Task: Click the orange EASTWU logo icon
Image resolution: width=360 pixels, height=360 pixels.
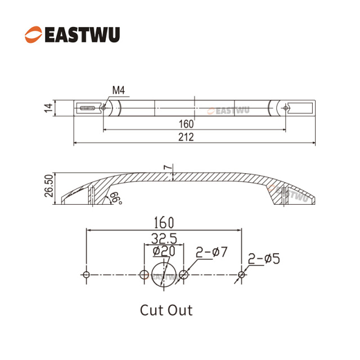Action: (x=33, y=34)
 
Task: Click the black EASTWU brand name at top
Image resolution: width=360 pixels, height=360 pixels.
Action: (x=83, y=35)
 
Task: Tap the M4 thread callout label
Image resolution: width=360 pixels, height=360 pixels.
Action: (x=119, y=90)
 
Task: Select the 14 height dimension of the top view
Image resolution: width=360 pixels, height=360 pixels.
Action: (x=48, y=108)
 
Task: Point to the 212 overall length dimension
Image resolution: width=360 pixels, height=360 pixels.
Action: (x=186, y=137)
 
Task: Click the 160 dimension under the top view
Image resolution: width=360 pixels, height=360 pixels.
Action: (x=186, y=124)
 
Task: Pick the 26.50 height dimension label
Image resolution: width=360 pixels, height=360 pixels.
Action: (x=49, y=186)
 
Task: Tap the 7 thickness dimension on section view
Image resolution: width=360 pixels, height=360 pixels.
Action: (x=168, y=167)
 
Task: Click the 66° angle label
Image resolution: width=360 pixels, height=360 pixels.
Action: (x=116, y=199)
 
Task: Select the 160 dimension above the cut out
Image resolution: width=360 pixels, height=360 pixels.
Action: (x=164, y=223)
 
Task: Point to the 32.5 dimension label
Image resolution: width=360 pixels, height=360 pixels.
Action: (x=164, y=238)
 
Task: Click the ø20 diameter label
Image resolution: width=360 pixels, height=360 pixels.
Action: (x=164, y=251)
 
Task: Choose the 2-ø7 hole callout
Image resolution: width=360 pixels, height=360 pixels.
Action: (x=211, y=252)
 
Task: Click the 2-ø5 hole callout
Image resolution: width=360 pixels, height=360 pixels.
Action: (x=264, y=259)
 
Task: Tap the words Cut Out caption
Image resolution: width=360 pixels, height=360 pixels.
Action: (x=166, y=310)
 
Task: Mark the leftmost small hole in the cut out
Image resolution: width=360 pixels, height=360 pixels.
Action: (x=86, y=274)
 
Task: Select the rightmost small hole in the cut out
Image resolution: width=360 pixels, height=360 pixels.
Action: (x=241, y=274)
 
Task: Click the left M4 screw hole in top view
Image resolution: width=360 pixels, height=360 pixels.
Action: (x=103, y=108)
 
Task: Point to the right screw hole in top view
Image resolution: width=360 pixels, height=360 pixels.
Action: (x=285, y=108)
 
